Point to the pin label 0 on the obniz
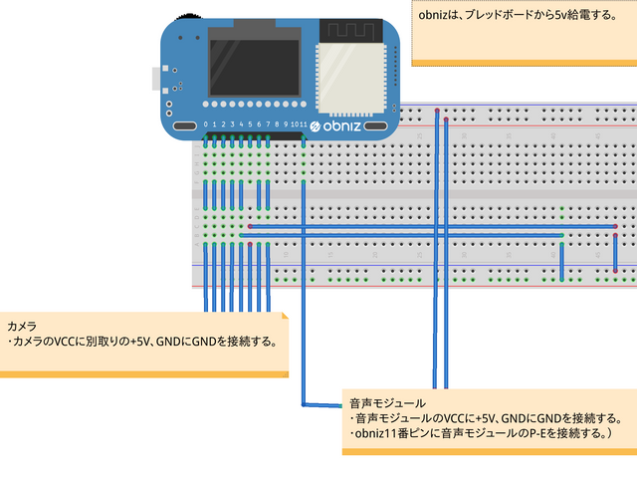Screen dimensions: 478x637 [x=206, y=124]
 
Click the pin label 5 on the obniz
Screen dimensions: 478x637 [x=250, y=124]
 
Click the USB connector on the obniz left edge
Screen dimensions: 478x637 [x=155, y=78]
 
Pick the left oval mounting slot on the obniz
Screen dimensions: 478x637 [x=185, y=126]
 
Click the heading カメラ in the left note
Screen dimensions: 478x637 [x=22, y=327]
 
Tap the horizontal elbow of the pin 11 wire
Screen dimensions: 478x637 [x=320, y=404]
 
